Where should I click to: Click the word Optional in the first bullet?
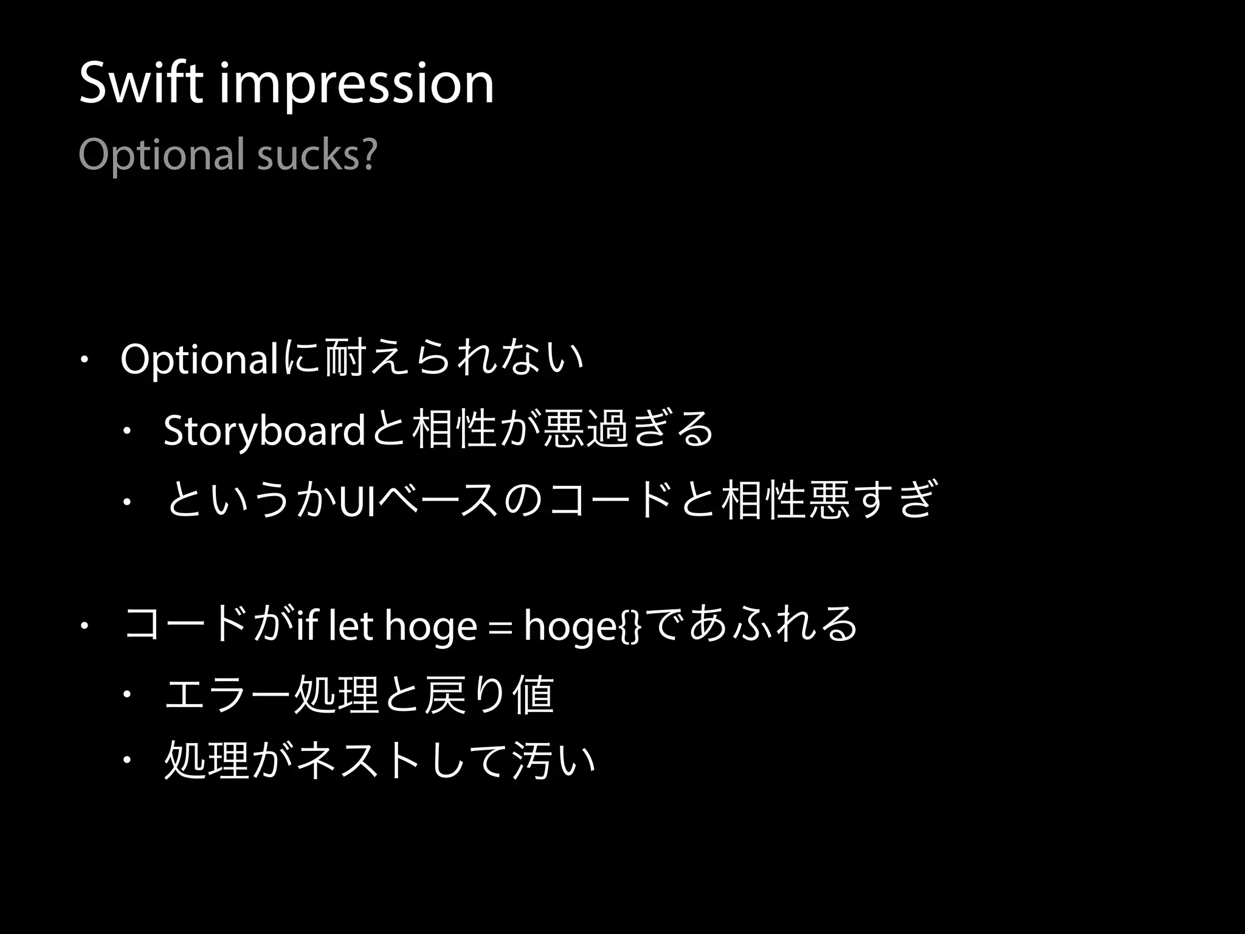[199, 360]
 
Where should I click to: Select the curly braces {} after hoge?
[630, 626]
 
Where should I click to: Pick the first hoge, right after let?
[431, 627]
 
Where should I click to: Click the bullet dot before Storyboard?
[127, 431]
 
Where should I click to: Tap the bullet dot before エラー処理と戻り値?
[127, 694]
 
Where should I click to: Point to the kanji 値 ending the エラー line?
[533, 694]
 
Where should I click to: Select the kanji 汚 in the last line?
[533, 761]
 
